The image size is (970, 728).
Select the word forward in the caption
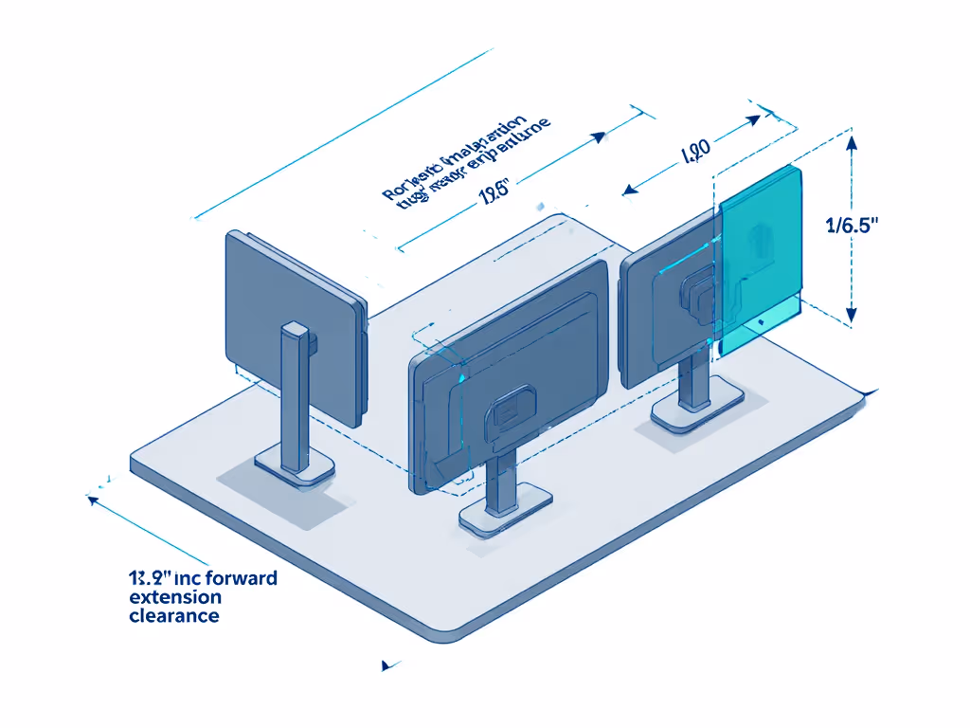237,577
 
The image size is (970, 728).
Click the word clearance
173,616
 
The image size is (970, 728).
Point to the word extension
175,597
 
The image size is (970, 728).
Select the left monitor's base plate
296,467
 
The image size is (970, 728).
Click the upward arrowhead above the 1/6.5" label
851,142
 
